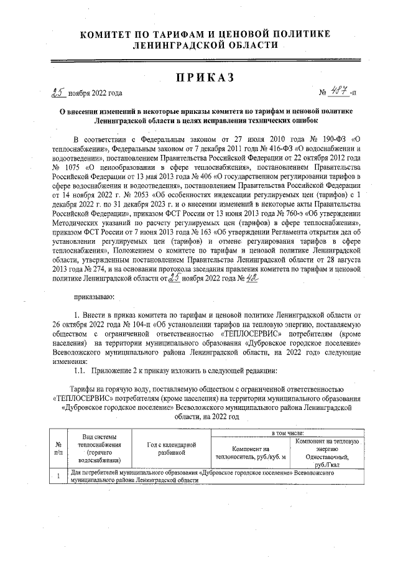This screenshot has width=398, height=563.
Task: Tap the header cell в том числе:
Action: click(287, 432)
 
